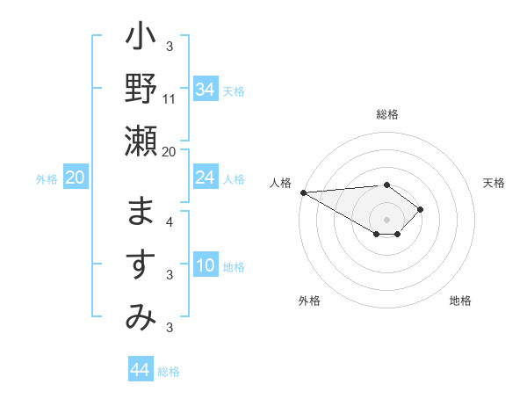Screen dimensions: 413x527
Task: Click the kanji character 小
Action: coord(141,40)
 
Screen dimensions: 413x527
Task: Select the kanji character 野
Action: coord(141,91)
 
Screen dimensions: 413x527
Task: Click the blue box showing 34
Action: coord(205,89)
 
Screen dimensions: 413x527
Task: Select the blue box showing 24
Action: coord(205,178)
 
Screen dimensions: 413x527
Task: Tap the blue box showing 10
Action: coord(205,265)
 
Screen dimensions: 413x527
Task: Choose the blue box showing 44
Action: coord(140,370)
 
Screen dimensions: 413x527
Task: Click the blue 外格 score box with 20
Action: coord(75,178)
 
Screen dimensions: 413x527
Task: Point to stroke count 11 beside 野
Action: coord(170,99)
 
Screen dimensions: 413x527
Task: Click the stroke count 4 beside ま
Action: coord(170,222)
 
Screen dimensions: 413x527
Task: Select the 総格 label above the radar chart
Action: coord(386,114)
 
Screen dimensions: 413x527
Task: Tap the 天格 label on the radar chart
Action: coord(495,183)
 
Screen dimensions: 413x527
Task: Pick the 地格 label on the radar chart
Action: coord(460,301)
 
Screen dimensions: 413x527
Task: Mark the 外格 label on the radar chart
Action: coord(309,301)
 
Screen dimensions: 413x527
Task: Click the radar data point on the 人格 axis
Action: coord(303,192)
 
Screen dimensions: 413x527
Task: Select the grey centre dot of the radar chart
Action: coord(386,218)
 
